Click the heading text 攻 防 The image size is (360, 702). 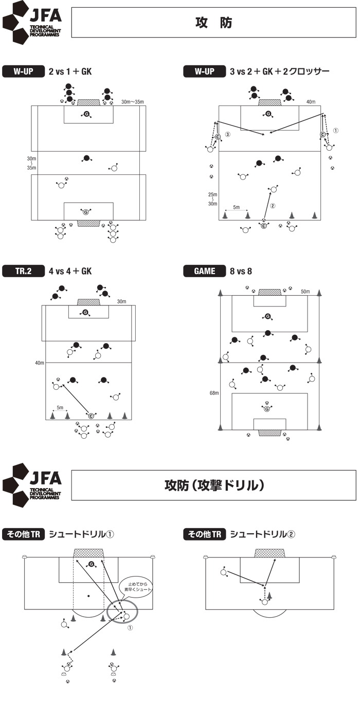(x=213, y=23)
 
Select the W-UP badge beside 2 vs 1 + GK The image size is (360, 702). (x=23, y=71)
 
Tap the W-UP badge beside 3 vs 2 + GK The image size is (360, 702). (x=204, y=71)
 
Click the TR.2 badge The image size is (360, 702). (x=23, y=271)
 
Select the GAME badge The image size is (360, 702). (x=204, y=271)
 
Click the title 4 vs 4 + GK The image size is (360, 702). (x=70, y=271)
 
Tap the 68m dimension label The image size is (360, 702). (x=214, y=393)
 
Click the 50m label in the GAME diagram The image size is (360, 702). (x=305, y=292)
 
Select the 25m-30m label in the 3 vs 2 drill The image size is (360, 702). (x=213, y=199)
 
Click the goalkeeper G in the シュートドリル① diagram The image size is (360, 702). (x=91, y=564)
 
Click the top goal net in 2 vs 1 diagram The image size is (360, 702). (x=89, y=102)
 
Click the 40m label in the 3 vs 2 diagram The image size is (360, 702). (x=311, y=102)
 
